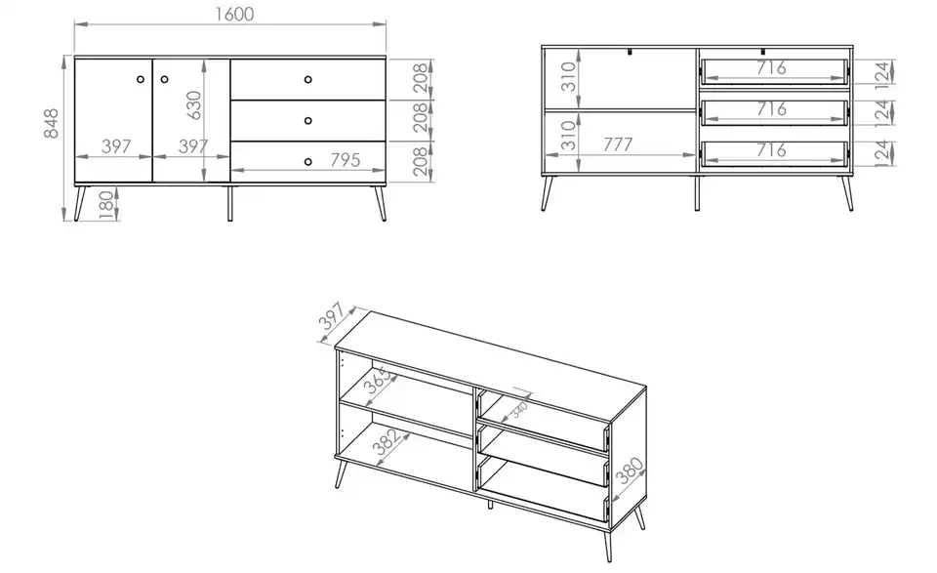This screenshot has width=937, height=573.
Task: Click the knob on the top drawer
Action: click(x=308, y=79)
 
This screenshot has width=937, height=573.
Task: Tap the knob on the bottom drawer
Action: click(x=308, y=161)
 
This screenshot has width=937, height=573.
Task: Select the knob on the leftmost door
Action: click(x=141, y=79)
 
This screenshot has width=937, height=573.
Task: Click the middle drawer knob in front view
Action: click(x=308, y=120)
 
